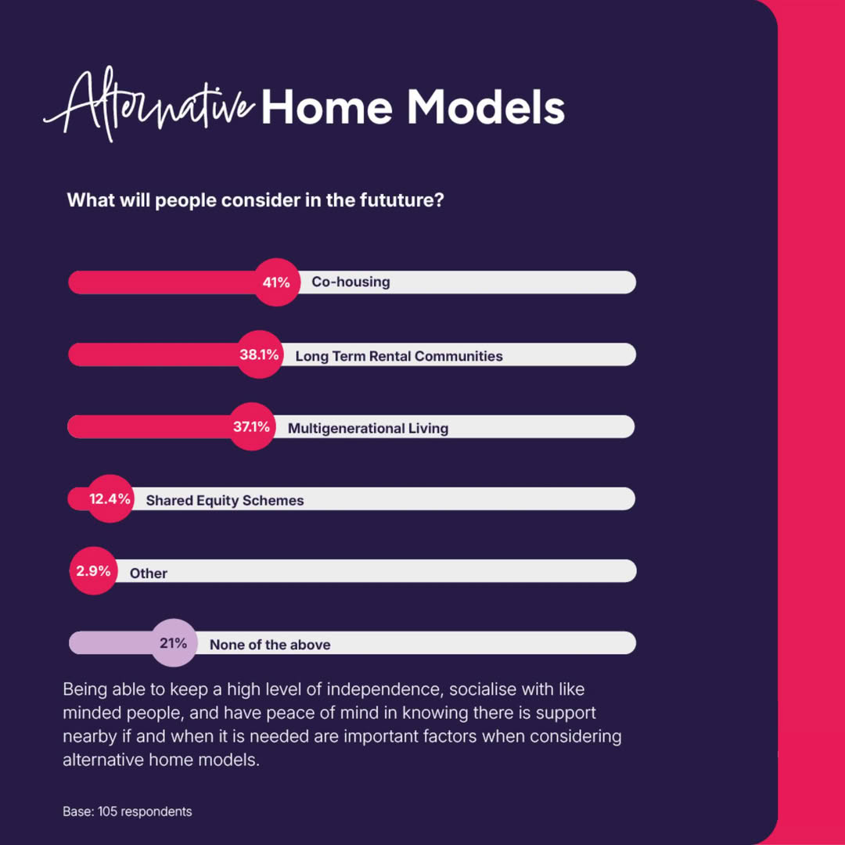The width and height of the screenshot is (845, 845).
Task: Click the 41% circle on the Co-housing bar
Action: tap(276, 282)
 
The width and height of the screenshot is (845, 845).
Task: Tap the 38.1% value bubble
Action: tap(259, 354)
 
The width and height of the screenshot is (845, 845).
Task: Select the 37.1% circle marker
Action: tap(252, 427)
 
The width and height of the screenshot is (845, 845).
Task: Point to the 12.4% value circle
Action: tap(110, 498)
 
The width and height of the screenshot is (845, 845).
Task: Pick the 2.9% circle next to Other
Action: tap(93, 570)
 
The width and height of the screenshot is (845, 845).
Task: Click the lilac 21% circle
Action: tap(174, 643)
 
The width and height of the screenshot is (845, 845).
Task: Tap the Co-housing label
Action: tap(351, 282)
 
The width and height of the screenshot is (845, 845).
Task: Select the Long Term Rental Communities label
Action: tap(399, 356)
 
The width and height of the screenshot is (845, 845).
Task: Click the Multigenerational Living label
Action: tap(368, 429)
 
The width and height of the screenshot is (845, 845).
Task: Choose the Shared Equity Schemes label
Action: tap(225, 501)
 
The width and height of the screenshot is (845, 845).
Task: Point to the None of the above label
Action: tap(270, 645)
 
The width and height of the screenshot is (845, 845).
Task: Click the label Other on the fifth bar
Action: tap(148, 574)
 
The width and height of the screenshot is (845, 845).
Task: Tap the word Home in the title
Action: tap(327, 106)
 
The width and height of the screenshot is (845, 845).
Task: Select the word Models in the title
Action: tap(486, 106)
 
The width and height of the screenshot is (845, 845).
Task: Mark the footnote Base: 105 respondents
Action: tap(128, 811)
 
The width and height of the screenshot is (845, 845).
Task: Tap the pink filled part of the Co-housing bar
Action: tap(162, 282)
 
